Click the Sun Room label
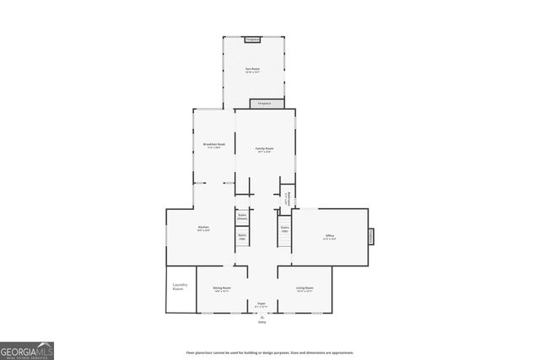click(251, 69)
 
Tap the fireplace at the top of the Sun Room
click(251, 39)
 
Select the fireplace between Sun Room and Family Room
click(261, 104)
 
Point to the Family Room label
click(264, 150)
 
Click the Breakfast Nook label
click(213, 145)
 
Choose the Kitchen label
click(203, 228)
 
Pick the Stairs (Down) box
click(242, 218)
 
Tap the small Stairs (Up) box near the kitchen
click(242, 237)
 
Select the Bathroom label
click(288, 199)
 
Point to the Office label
click(329, 237)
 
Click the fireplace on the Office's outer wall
click(370, 237)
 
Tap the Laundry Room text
click(178, 287)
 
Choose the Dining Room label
click(222, 289)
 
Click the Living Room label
click(305, 289)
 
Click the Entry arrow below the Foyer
click(262, 315)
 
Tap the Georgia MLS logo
click(27, 349)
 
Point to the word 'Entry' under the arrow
click(262, 322)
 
